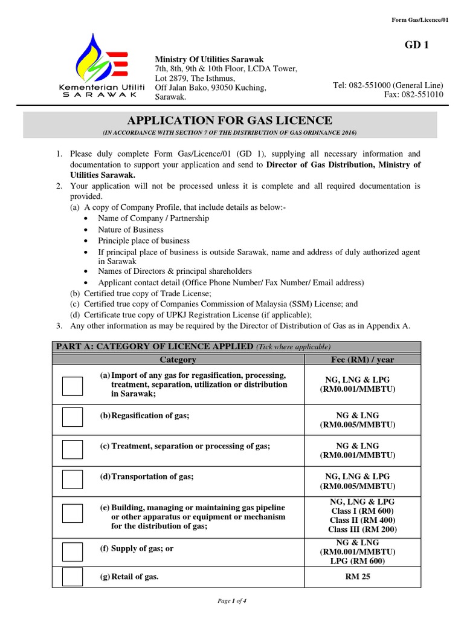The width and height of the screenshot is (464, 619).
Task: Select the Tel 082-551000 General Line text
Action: (x=388, y=85)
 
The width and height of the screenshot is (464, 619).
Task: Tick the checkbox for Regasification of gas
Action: (x=72, y=416)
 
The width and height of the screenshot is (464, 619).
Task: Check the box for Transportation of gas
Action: (x=72, y=479)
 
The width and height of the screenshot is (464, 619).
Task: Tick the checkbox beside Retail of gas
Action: (x=72, y=578)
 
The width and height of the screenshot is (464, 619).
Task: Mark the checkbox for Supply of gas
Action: (x=72, y=551)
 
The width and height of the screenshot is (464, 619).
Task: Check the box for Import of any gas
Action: (x=72, y=386)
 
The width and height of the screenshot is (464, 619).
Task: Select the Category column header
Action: (x=178, y=360)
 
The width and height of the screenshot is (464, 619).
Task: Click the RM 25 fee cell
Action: (x=358, y=577)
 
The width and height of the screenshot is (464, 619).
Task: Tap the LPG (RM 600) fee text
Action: (x=358, y=561)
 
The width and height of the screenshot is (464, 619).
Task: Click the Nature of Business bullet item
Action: (x=130, y=230)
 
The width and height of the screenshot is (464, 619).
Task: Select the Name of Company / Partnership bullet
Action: (x=153, y=218)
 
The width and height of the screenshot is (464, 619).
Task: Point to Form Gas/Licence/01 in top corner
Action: (x=420, y=20)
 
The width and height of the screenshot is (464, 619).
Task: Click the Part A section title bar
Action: (x=193, y=346)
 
